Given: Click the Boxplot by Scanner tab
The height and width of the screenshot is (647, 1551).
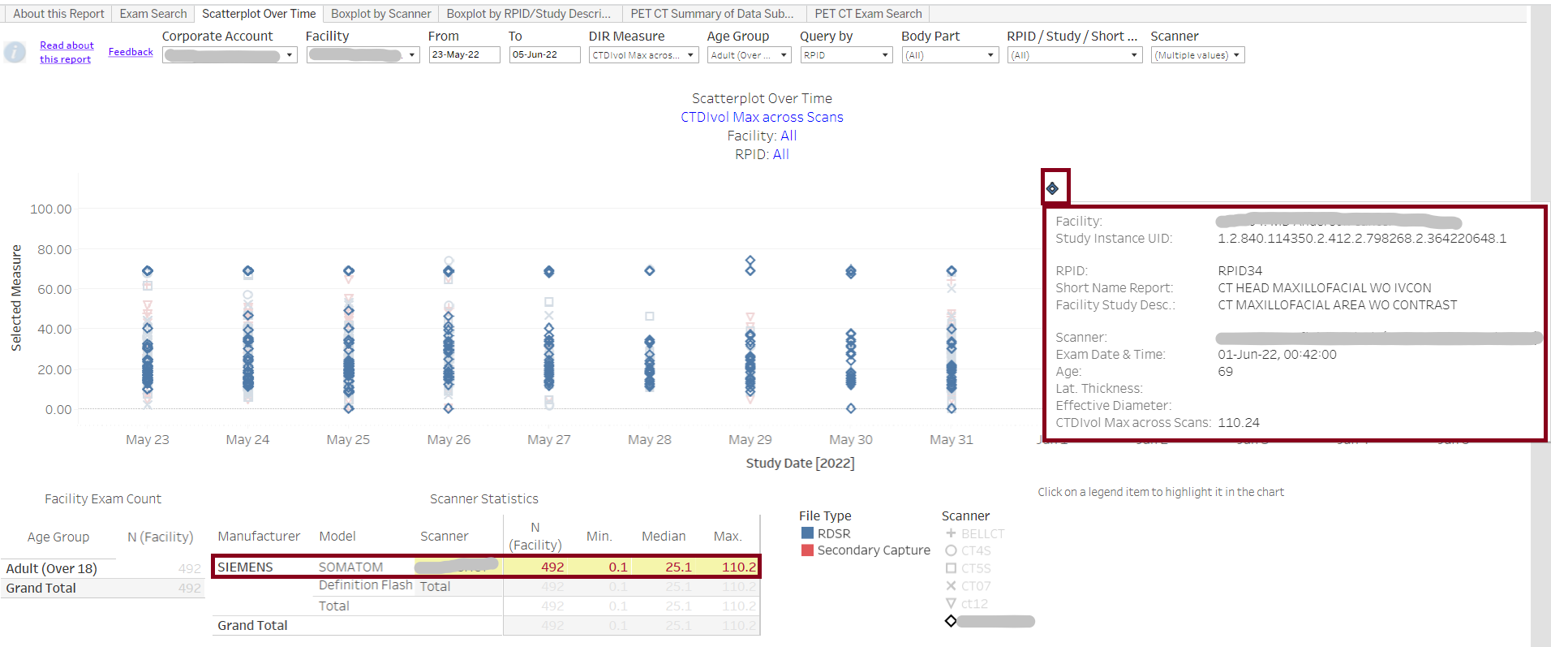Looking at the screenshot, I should coord(380,14).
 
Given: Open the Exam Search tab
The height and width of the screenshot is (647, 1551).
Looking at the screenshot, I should coord(153,14).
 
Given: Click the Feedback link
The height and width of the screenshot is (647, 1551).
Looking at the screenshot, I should coord(131,52).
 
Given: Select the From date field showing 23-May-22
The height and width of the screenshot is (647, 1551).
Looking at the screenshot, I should coord(463,55).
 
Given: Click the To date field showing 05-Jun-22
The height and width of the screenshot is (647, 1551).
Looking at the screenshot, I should coord(543,55).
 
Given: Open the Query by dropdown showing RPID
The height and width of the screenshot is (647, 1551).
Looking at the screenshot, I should coord(846,55).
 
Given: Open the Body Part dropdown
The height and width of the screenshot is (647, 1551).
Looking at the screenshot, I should coord(949,55).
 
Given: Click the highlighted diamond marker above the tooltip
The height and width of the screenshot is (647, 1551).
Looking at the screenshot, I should coord(1053,188).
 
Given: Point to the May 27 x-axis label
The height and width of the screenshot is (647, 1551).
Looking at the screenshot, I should coord(549,439).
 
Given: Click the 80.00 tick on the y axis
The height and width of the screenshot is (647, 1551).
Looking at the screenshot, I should coord(54,249).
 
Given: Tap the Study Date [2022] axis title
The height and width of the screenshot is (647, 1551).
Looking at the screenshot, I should coord(800,463).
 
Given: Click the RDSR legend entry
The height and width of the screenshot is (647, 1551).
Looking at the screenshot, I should coord(833,533).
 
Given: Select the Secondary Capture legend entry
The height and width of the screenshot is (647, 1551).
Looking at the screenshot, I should coord(873,550).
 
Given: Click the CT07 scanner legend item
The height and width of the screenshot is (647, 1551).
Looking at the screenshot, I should coord(975,586).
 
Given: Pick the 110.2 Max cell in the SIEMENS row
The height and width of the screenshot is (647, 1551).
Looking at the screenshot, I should coord(738,567).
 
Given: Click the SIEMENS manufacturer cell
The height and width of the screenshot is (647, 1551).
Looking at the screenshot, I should coord(245,567).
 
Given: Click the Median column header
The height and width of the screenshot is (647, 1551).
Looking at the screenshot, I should coord(663,536).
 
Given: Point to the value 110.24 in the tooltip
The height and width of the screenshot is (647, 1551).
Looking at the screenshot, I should coord(1238,422).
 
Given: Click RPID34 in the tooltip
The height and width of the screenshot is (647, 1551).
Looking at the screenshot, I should coord(1240,270).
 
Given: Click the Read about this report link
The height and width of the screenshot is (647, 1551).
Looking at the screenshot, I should coord(67,52).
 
